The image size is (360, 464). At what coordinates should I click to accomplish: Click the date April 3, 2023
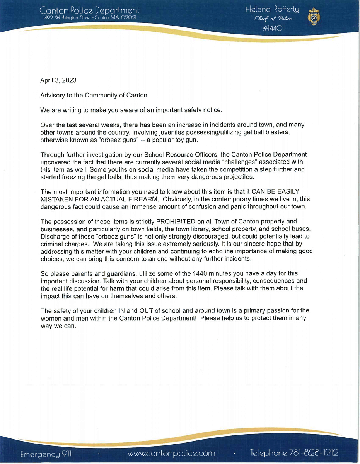pyautogui.click(x=58, y=80)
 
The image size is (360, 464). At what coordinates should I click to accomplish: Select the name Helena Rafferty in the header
pyautogui.click(x=272, y=10)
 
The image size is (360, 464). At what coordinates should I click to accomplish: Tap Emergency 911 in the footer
pyautogui.click(x=46, y=453)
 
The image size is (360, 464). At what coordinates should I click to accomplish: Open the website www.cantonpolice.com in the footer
pyautogui.click(x=171, y=453)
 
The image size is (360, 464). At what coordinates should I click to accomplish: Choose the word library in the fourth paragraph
pyautogui.click(x=208, y=229)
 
